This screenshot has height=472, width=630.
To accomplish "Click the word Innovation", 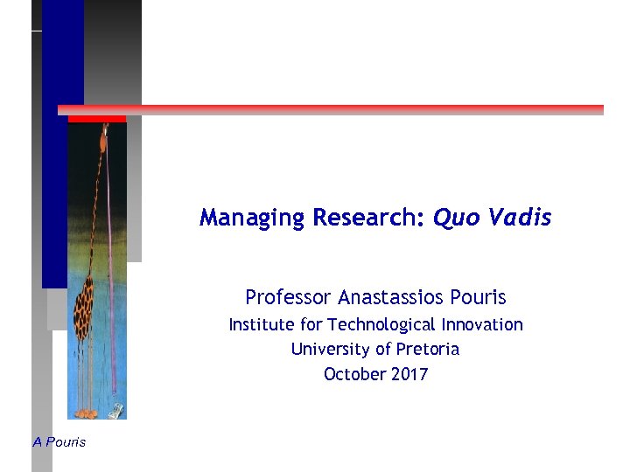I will [481, 325].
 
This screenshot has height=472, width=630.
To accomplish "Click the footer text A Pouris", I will [59, 442].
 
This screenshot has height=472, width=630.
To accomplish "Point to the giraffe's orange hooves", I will [86, 413].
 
